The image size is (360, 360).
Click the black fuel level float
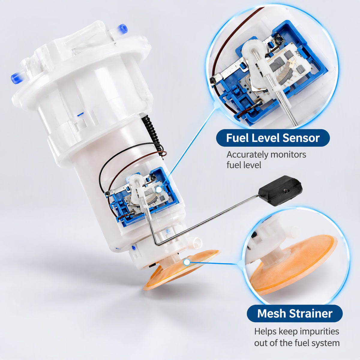[x=280, y=190]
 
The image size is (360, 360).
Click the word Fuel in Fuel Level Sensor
[x=237, y=138]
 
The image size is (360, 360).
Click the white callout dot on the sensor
[x=159, y=190]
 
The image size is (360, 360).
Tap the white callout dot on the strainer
[x=186, y=262]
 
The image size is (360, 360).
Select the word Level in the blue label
[x=265, y=138]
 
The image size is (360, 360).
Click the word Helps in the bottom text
[x=265, y=332]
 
